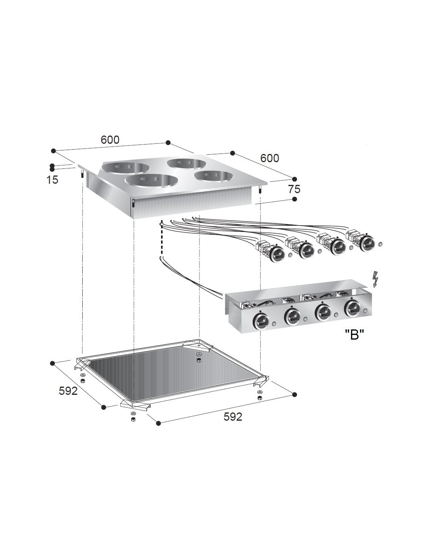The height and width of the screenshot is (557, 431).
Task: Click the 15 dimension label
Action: tap(53, 180)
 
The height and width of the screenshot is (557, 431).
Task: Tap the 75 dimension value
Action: tap(294, 190)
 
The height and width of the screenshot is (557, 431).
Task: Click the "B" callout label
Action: tap(354, 335)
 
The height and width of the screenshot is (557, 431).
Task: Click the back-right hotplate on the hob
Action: tap(187, 163)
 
